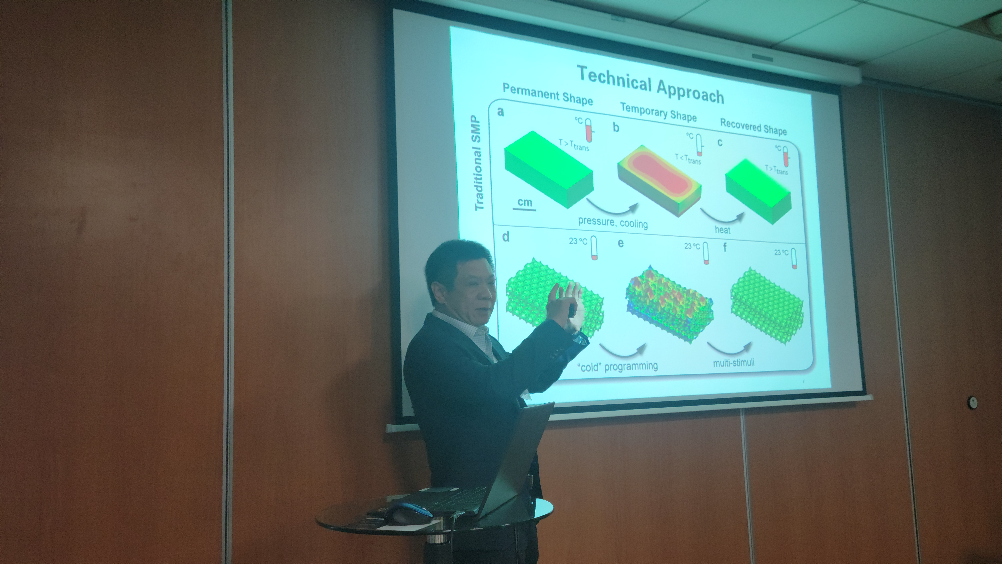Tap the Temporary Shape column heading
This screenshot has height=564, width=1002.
click(x=658, y=112)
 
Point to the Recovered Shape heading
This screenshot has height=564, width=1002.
click(x=753, y=127)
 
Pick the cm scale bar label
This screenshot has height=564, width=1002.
click(x=525, y=202)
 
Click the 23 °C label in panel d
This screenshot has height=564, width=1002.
click(x=578, y=241)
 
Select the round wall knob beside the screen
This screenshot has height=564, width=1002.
click(x=972, y=402)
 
